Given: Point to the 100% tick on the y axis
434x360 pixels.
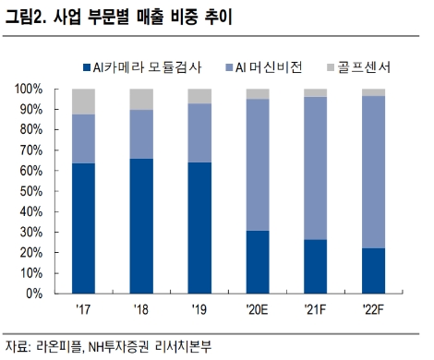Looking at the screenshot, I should pos(30,89).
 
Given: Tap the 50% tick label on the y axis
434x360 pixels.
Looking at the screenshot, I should pos(32,191).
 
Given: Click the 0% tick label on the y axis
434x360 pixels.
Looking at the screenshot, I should pos(36,294).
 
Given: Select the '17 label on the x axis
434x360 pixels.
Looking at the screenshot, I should pos(83,309).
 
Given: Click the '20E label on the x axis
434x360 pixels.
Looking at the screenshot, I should pos(258,309).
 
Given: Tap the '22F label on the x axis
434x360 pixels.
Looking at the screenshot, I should pos(374,309).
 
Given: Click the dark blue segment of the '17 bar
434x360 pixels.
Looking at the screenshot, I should pos(83,228).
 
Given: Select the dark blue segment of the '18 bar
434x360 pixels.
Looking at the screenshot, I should pos(141,225).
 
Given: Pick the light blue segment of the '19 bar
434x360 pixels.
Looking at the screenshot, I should pos(199,133).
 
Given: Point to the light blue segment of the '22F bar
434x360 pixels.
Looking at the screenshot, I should pos(374,172).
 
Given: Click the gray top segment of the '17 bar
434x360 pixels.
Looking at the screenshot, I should pos(83,102).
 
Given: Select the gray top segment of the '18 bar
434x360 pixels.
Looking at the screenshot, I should pos(141,99).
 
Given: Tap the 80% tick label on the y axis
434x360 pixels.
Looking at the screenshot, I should pos(32,130).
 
